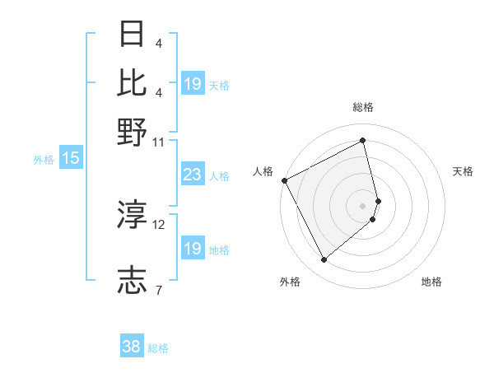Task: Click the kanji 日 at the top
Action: (x=133, y=34)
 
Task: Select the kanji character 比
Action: (x=133, y=82)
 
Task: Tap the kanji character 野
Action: (x=133, y=131)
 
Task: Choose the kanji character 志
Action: (x=133, y=281)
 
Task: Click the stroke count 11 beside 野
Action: (x=159, y=142)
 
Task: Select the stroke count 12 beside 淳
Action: (x=159, y=224)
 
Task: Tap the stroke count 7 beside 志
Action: (x=159, y=291)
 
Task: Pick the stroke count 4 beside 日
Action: (x=158, y=44)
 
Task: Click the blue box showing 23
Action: (x=193, y=175)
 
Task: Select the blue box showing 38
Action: (x=131, y=347)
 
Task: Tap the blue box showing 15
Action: (x=70, y=158)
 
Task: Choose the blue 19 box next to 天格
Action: (x=193, y=83)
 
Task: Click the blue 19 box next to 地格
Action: (x=193, y=249)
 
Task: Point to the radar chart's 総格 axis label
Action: (x=363, y=107)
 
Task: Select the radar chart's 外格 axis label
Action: (x=290, y=282)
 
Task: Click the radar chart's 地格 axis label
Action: (x=431, y=282)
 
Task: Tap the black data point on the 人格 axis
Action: (x=284, y=180)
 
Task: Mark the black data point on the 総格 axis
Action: (x=363, y=141)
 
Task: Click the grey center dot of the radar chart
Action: (x=363, y=205)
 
